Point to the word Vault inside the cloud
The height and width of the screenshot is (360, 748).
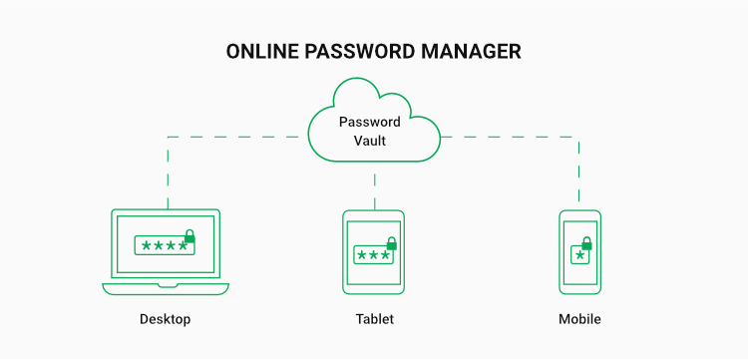coord(370,141)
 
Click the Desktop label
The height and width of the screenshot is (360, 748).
coord(165,320)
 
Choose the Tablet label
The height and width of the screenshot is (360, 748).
coord(374,320)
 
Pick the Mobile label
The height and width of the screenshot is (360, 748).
coord(579,320)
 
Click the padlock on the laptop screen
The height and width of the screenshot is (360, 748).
coord(189,237)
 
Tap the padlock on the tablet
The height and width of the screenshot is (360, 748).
coord(391,244)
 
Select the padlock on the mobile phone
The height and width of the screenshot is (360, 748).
coord(586,244)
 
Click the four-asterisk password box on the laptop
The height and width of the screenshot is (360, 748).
coord(163,245)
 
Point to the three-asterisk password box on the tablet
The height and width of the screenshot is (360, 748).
coord(373,255)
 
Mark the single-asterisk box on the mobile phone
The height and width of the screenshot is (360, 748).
coord(577,255)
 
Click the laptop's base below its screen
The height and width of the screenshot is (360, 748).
coord(165,288)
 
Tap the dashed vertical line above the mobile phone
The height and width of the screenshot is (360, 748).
coord(579,170)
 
